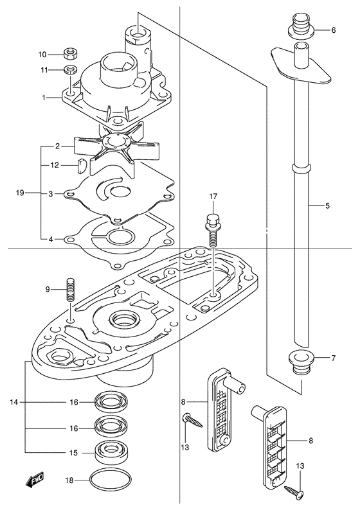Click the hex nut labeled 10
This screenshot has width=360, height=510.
click(x=70, y=54)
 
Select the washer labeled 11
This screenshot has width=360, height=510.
click(x=70, y=69)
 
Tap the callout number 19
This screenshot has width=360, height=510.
click(x=20, y=193)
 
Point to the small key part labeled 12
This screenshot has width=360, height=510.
click(x=80, y=165)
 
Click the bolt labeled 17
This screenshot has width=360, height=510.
click(x=212, y=231)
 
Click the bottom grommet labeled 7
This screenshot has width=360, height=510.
click(x=301, y=362)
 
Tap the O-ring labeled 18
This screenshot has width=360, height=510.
click(x=111, y=480)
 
